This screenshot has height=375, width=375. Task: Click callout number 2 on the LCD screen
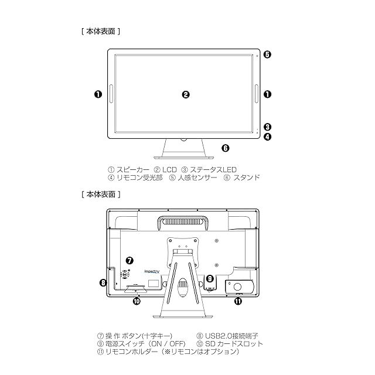pos(186,95)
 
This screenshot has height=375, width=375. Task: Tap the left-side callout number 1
pos(98,94)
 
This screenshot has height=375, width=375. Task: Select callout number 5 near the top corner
pos(267,54)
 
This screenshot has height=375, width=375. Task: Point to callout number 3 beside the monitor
pos(267,127)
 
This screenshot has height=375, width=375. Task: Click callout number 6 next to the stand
pos(225,148)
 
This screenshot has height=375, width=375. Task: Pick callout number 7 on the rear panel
pos(129,260)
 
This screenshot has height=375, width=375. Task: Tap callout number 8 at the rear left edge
pos(103,283)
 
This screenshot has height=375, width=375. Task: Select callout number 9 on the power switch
pos(210,278)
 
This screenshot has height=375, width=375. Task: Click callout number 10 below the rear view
pos(137,301)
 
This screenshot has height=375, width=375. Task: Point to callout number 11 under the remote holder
pos(238,301)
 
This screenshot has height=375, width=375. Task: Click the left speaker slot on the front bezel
pos(111,94)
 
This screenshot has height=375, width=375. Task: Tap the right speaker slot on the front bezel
pos(257,94)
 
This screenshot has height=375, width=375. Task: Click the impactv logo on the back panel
pos(152,271)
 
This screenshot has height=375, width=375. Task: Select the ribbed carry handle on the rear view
pos(182,221)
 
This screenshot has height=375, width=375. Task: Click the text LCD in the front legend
pos(169,170)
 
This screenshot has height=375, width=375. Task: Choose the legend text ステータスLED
pos(213,170)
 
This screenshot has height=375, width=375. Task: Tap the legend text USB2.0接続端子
pos(231,336)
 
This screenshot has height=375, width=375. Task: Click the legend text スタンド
pos(246,178)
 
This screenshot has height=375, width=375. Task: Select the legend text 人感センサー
pos(197,178)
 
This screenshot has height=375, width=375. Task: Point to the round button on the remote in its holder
pos(238,287)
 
